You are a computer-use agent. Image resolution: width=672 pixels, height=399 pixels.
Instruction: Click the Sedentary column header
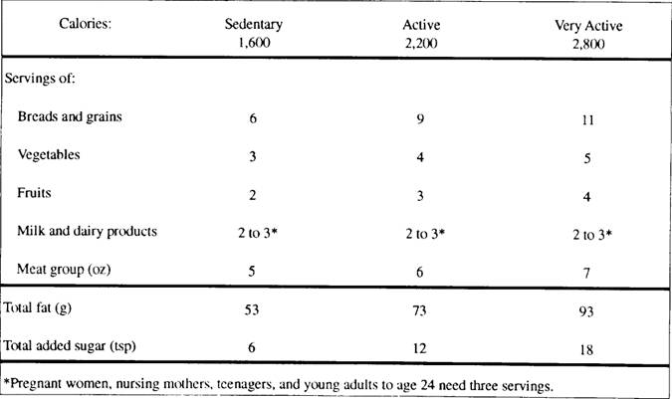pyautogui.click(x=255, y=25)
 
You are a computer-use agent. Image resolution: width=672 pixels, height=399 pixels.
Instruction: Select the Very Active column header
pyautogui.click(x=583, y=27)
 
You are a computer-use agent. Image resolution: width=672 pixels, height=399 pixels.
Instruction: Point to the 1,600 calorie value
pyautogui.click(x=255, y=43)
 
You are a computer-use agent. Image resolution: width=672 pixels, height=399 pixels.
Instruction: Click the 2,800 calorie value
pyautogui.click(x=583, y=45)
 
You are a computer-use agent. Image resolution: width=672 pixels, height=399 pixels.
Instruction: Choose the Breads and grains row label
pyautogui.click(x=69, y=117)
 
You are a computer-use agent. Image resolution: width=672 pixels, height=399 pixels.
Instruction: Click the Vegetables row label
pyautogui.click(x=50, y=155)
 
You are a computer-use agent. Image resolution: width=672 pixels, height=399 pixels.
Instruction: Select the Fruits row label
pyautogui.click(x=38, y=193)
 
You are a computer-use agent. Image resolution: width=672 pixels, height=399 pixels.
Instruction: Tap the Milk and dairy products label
pyautogui.click(x=88, y=231)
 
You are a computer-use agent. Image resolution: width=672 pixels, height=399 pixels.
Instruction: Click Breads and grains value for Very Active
pyautogui.click(x=584, y=120)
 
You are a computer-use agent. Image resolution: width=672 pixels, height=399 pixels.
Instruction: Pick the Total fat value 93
pyautogui.click(x=584, y=312)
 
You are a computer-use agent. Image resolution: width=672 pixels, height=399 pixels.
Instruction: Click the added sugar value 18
pyautogui.click(x=584, y=349)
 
